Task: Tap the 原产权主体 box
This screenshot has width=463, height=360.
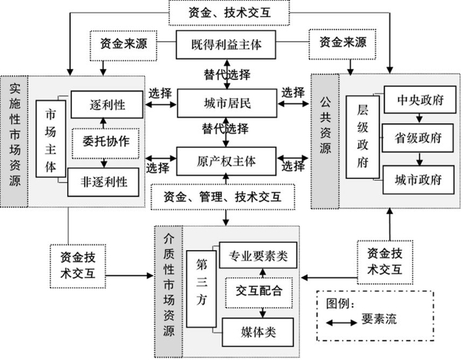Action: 227,160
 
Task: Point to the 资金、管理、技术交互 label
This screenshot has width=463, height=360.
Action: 226,196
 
